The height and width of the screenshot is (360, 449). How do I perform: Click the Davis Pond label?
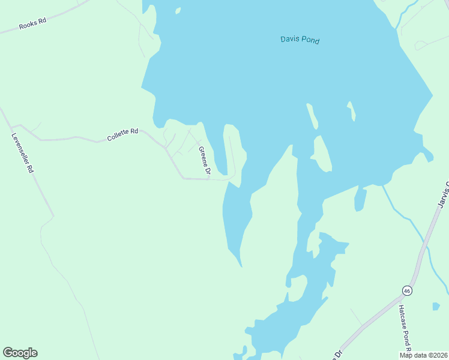[x=300, y=40]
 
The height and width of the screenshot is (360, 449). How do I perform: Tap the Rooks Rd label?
[x=32, y=24]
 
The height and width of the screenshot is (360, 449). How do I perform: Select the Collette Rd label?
[x=122, y=134]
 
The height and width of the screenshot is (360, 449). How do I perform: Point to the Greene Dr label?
[x=204, y=161]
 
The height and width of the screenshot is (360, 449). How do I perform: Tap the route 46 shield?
[x=407, y=291]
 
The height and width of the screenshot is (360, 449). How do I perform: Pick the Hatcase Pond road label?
[x=403, y=329]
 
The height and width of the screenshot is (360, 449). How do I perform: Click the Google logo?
[x=20, y=353]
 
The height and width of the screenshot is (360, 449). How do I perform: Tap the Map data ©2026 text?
[x=423, y=355]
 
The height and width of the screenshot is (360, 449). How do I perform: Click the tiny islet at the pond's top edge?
[x=178, y=10]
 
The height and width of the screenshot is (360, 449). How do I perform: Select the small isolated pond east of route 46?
[x=436, y=307]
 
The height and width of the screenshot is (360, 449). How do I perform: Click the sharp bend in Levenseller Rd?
[x=53, y=215]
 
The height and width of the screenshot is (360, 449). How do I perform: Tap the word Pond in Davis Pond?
[x=310, y=41]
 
